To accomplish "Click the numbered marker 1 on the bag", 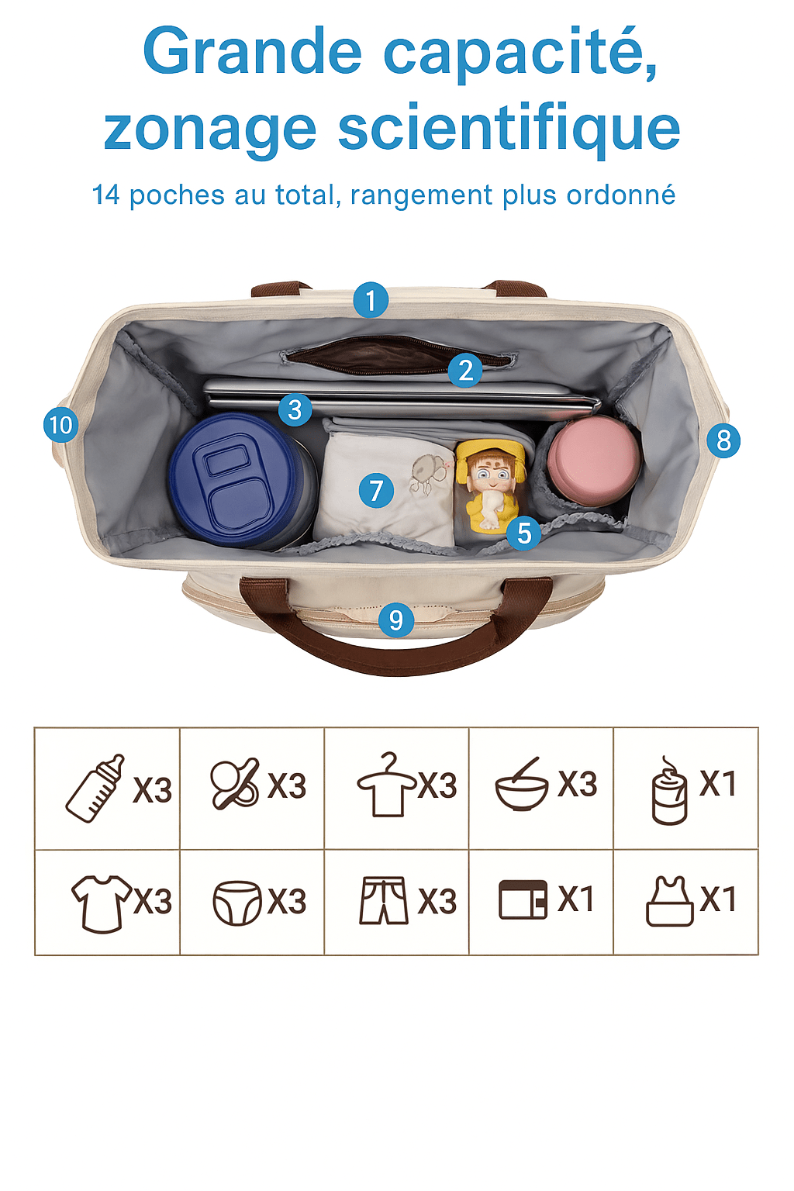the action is point(371,300).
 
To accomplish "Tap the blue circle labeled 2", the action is point(465,370).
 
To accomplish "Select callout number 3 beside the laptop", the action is point(295,409).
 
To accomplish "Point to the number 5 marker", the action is point(524,533).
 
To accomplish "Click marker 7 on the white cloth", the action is point(377,490).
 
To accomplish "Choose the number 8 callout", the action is point(723,440).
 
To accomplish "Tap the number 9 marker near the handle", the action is point(396,620).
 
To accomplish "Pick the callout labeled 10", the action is point(61,425).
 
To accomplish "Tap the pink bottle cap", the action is point(593,459).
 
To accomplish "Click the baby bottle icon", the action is point(95,788).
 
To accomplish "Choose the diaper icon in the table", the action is point(237,903).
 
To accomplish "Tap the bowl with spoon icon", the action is point(522,784).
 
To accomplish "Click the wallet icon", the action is point(523,899).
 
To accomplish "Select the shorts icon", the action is point(384,901).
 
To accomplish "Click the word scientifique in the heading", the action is point(509,129).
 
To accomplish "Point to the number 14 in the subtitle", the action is point(105,195).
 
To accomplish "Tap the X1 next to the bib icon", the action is point(718,899).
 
